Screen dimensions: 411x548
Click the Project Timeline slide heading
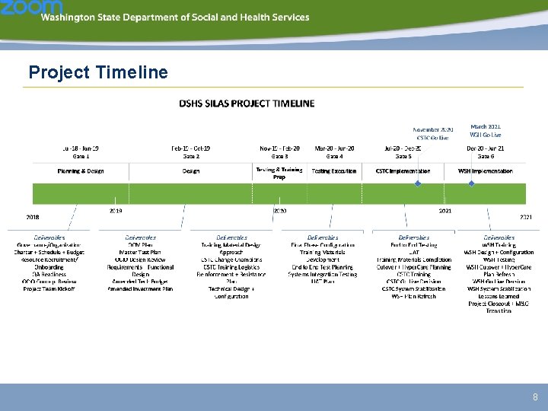point(98,73)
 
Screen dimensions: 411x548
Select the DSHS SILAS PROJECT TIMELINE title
point(247,103)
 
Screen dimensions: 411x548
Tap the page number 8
point(535,397)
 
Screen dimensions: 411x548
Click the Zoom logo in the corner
point(21,8)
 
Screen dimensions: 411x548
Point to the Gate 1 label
point(81,155)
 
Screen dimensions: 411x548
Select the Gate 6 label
point(485,155)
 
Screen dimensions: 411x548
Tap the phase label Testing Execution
point(334,171)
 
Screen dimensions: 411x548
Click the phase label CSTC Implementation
point(403,171)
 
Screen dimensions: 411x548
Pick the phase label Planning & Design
point(81,171)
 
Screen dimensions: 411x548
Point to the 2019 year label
point(116,210)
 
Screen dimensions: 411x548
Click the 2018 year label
point(33,218)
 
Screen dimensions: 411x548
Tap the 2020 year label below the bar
point(279,210)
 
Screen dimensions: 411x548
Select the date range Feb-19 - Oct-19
point(190,148)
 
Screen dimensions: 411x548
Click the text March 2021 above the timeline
point(485,126)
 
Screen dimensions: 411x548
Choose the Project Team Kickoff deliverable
point(50,289)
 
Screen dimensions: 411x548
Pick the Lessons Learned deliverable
point(499,296)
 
